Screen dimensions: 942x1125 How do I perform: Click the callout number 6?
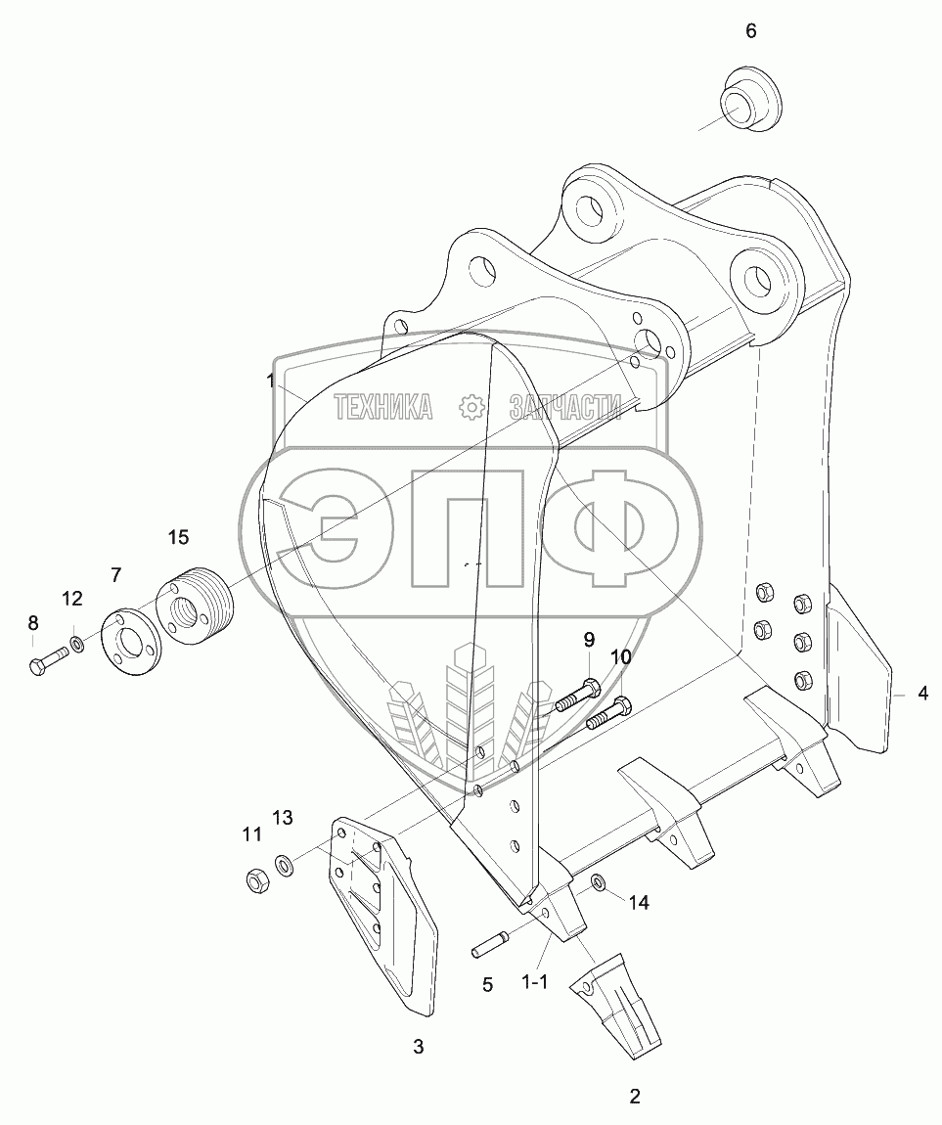pyautogui.click(x=750, y=31)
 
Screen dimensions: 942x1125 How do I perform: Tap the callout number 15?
pyautogui.click(x=177, y=537)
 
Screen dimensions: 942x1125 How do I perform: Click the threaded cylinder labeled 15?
pyautogui.click(x=194, y=604)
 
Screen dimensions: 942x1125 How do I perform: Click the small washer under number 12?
pyautogui.click(x=75, y=647)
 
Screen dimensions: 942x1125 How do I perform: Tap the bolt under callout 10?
pyautogui.click(x=608, y=714)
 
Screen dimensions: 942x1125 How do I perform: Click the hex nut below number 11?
pyautogui.click(x=257, y=880)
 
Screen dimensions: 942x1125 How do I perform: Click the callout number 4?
pyautogui.click(x=922, y=695)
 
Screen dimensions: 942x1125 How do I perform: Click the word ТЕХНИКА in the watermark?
pyautogui.click(x=383, y=407)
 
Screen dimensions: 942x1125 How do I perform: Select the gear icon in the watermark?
pyautogui.click(x=471, y=407)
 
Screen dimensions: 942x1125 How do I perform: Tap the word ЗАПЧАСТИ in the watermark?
pyautogui.click(x=565, y=407)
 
